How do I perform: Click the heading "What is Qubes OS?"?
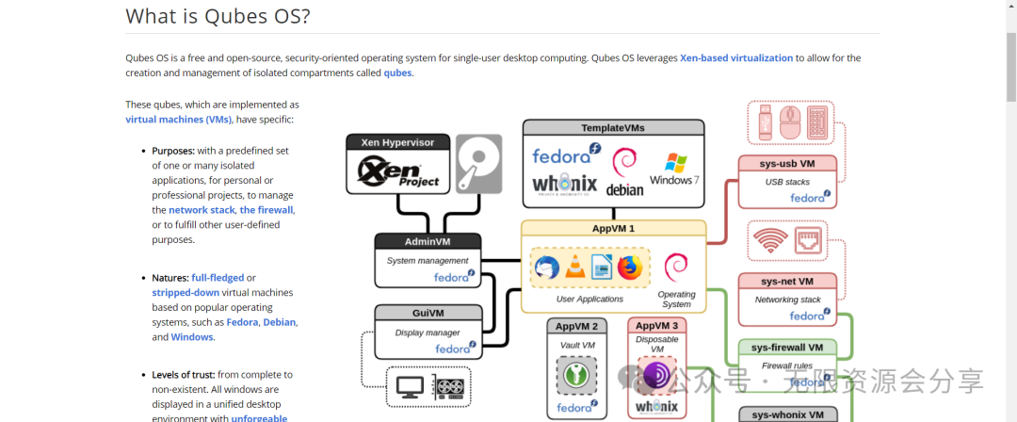coord(218,16)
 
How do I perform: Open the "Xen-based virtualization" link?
coord(736,57)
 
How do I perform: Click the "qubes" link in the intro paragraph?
coord(397,73)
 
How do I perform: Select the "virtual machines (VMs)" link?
coord(178,120)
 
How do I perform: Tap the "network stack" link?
coord(202,210)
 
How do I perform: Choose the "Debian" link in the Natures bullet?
coord(280,322)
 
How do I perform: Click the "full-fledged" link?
coord(218,278)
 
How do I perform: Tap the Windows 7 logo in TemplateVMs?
coord(674,168)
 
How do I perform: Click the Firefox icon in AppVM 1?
coord(630,268)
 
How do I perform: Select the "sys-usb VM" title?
coord(787,164)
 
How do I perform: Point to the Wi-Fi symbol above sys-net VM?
coord(770,241)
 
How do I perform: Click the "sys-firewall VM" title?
coord(787,348)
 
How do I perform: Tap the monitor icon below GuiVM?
coord(410,386)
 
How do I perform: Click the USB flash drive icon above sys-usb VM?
coord(765,122)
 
